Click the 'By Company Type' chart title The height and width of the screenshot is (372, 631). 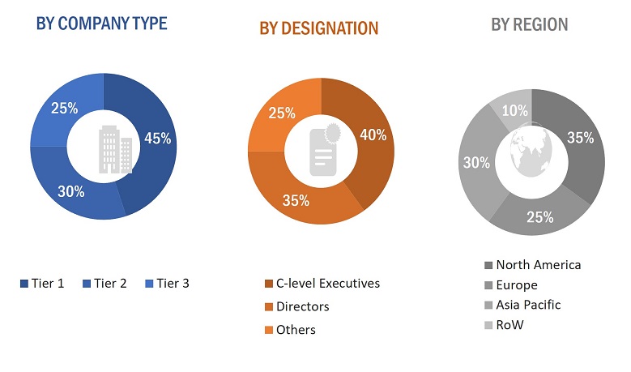pyautogui.click(x=101, y=24)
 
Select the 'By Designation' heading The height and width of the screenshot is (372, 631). pyautogui.click(x=318, y=28)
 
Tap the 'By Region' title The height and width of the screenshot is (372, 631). pyautogui.click(x=530, y=24)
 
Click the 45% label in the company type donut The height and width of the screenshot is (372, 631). pyautogui.click(x=158, y=139)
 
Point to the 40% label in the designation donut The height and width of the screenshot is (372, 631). pyautogui.click(x=373, y=135)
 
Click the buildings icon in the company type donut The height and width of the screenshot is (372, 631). pyautogui.click(x=114, y=149)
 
